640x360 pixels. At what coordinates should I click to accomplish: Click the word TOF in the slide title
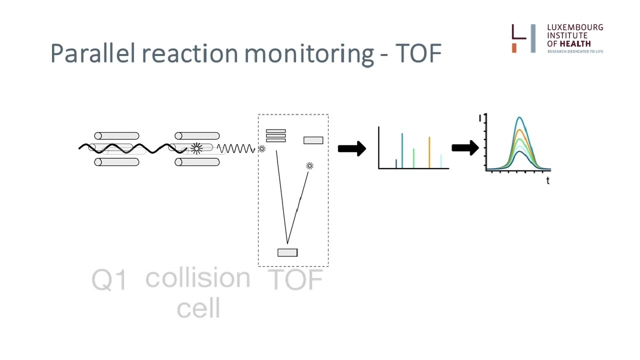pos(418,53)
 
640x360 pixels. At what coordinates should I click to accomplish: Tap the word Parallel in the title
pos(92,53)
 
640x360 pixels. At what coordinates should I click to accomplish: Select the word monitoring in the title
pos(309,55)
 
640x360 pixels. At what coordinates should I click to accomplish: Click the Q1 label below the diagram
pos(109,280)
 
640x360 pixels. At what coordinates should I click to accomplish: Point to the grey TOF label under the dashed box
pos(295,279)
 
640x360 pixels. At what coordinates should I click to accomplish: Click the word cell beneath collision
pos(198,307)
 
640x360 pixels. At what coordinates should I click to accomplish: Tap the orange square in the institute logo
pos(514,48)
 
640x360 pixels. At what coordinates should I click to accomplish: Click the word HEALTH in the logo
pos(575,43)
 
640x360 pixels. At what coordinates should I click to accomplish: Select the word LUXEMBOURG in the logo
pos(575,27)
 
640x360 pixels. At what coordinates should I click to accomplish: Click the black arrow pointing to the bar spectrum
pos(352,148)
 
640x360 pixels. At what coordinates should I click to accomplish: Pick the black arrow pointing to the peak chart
pos(465,148)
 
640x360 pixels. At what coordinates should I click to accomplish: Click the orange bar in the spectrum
pos(429,152)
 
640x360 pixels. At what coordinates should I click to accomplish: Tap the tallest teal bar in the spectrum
pos(402,150)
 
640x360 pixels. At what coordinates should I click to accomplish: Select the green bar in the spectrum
pos(413,158)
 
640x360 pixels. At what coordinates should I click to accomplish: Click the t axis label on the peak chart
pos(547,180)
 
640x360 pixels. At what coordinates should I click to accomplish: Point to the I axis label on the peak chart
pos(480,118)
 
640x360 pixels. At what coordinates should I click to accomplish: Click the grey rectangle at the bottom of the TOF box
pos(287,252)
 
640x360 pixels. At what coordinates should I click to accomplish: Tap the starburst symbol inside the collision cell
pos(196,148)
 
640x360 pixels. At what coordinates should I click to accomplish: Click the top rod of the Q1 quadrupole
pos(116,135)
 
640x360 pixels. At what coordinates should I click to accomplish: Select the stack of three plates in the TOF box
pos(275,135)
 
